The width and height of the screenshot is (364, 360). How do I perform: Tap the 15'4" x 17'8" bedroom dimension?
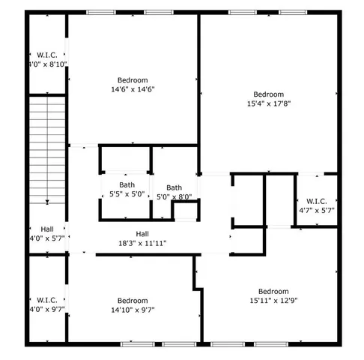[x=268, y=103]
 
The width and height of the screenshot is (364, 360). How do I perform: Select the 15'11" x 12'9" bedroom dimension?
[x=273, y=301]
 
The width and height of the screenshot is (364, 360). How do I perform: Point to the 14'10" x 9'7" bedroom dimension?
[x=132, y=310]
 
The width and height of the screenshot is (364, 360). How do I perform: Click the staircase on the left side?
[x=48, y=150]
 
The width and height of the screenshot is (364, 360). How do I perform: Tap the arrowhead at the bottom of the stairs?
[x=48, y=201]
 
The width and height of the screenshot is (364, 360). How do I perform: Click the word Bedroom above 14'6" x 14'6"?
[x=132, y=80]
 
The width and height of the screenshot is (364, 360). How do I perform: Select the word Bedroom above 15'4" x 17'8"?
[x=268, y=94]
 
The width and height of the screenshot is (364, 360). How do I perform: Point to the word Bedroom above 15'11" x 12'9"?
[x=273, y=292]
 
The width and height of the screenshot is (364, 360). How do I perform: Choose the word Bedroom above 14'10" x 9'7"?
[x=132, y=301]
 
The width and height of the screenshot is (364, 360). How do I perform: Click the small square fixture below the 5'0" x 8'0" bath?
[x=183, y=212]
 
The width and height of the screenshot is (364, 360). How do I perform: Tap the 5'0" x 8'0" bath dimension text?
[x=174, y=197]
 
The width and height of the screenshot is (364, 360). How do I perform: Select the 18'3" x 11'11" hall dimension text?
[x=142, y=243]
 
